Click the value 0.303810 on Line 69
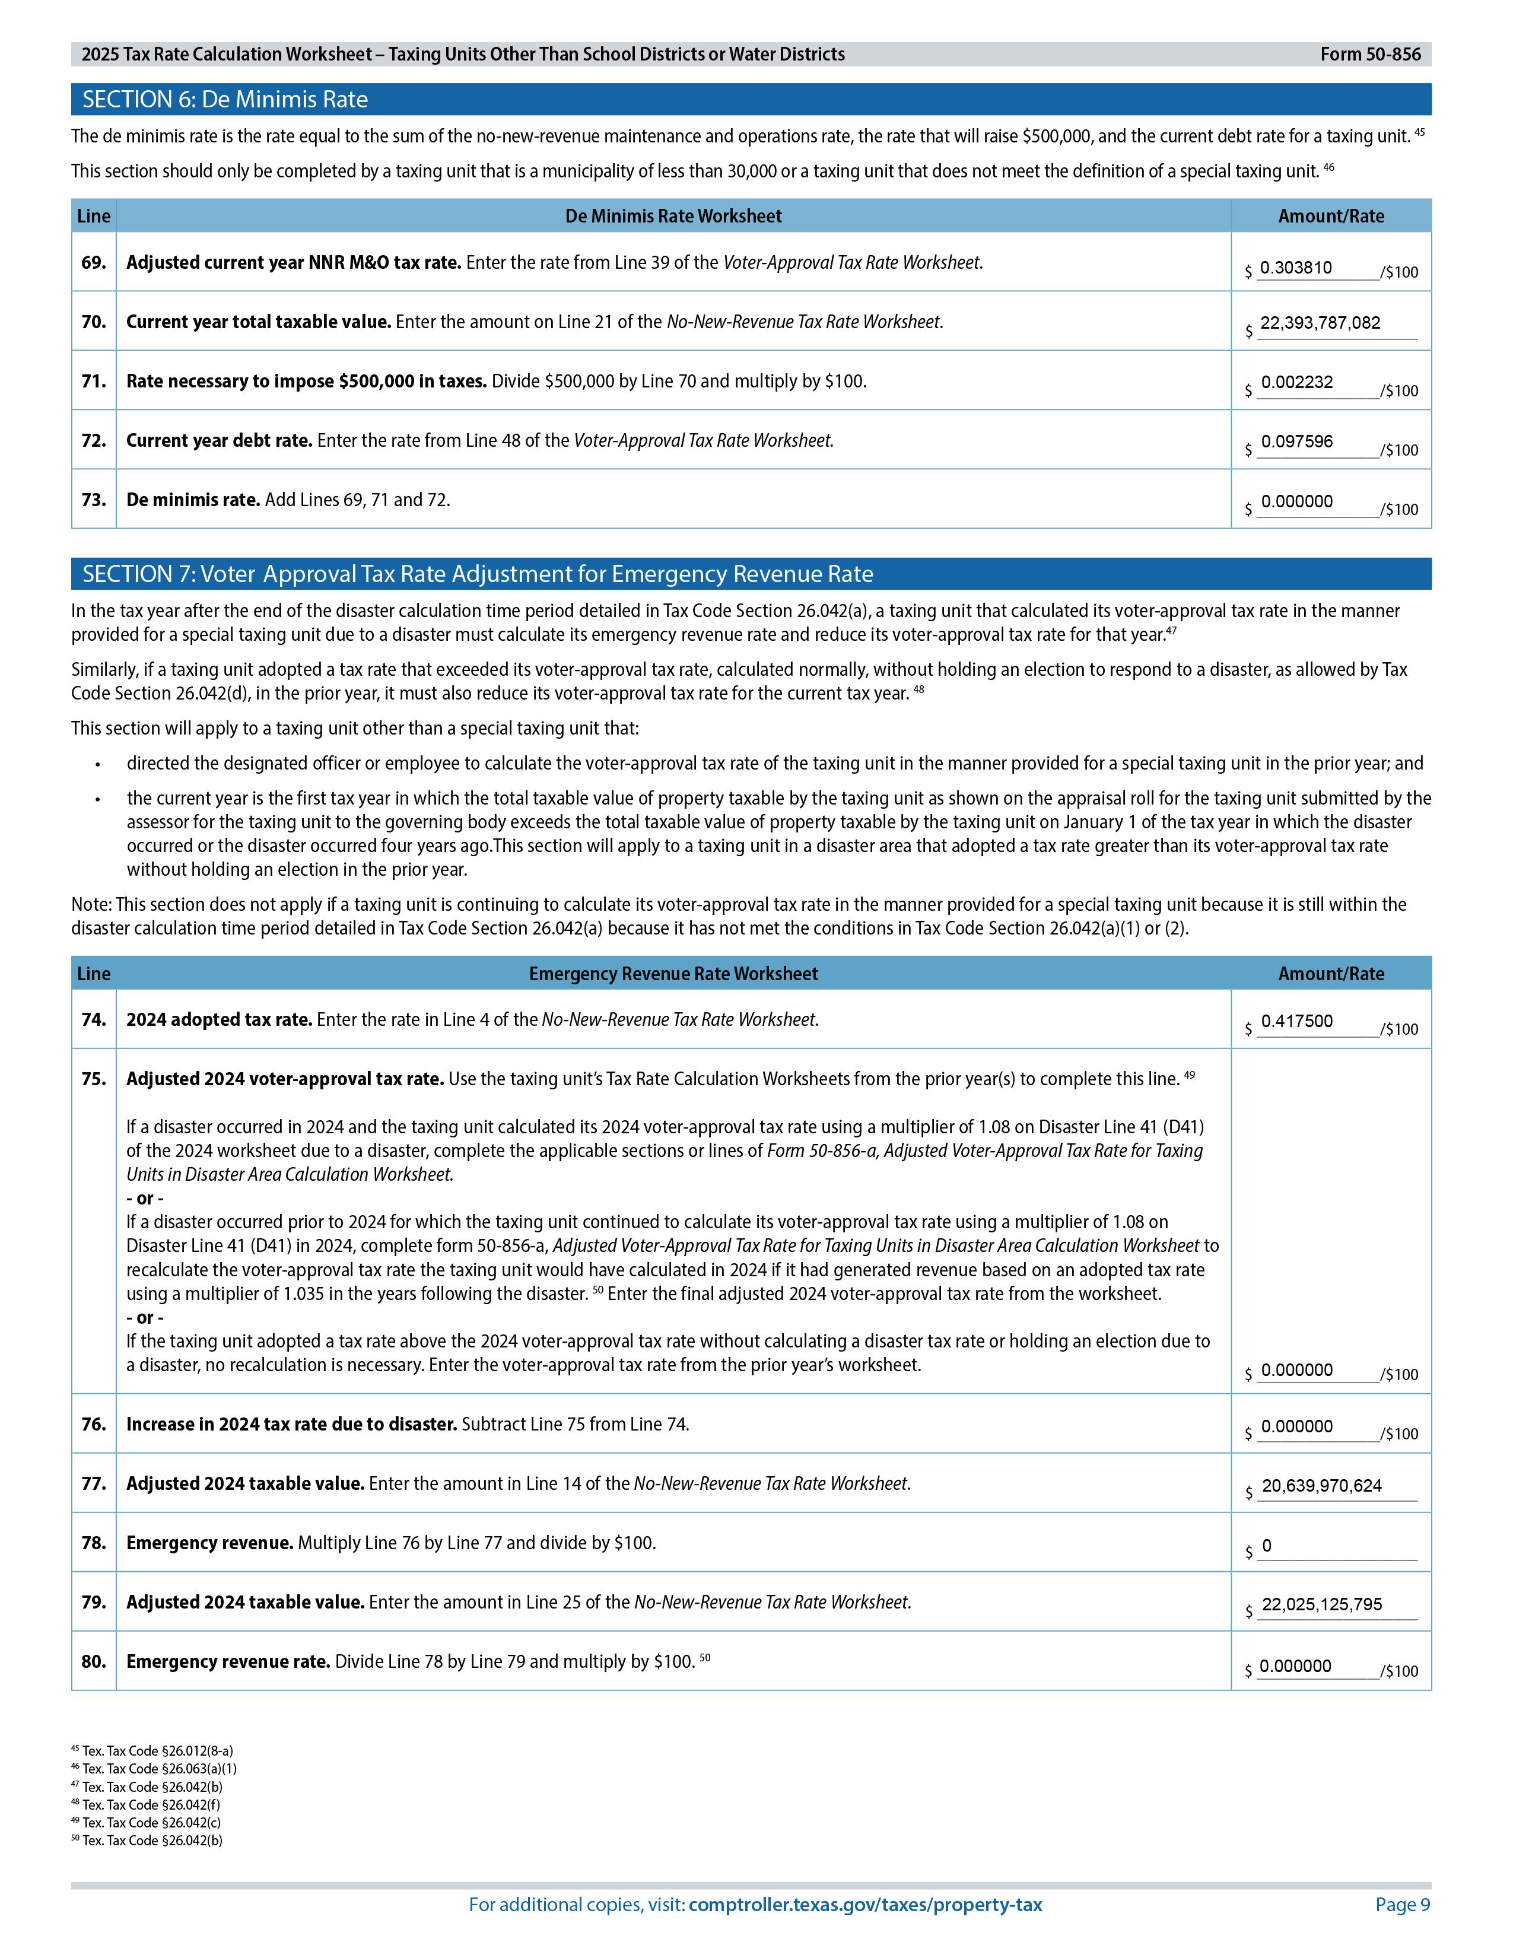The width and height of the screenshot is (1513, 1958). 1295,268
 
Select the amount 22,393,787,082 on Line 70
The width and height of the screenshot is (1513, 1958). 1320,323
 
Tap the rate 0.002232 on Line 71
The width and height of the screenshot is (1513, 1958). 1296,383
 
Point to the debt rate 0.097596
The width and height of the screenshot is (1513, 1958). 1296,442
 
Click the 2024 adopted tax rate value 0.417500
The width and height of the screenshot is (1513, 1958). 1296,1021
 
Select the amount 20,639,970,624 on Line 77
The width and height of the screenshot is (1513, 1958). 1321,1486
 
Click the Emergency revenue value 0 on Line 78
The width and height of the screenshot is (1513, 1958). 1267,1546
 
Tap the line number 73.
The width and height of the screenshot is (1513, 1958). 93,500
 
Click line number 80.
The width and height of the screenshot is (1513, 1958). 93,1661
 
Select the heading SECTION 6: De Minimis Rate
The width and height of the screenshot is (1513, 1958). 225,100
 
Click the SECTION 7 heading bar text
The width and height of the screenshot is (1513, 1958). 478,574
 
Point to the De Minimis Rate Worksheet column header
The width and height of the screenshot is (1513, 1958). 673,216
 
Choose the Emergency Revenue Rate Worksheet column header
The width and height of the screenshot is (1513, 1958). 673,974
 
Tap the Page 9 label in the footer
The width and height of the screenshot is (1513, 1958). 1402,1905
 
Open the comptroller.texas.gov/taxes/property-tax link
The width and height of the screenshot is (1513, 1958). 865,1905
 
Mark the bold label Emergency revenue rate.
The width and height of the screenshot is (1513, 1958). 228,1661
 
